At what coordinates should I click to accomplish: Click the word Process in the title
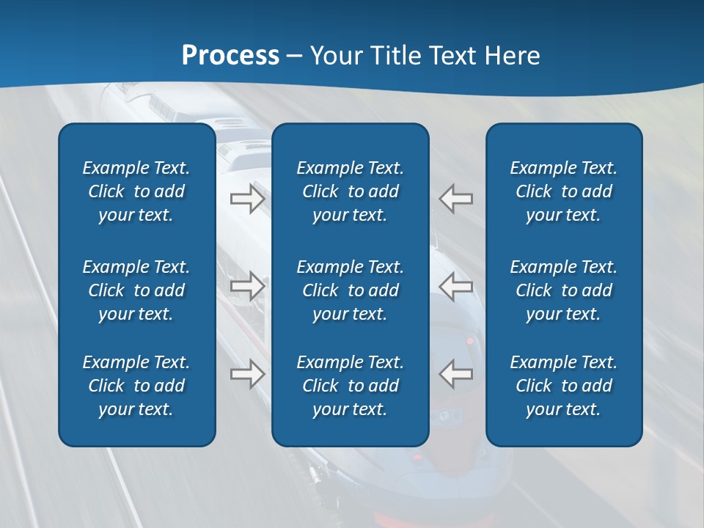click(230, 56)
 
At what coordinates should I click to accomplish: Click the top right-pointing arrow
click(248, 199)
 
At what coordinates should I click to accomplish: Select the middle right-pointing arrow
click(248, 286)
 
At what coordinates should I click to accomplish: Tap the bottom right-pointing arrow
click(248, 374)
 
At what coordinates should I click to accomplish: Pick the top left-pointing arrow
click(456, 199)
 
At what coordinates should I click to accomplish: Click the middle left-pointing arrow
click(456, 286)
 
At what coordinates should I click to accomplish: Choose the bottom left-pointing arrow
click(456, 374)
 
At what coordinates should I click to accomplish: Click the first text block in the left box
click(136, 191)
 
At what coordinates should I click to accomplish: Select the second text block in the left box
click(136, 290)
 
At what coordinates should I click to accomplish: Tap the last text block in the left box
click(136, 386)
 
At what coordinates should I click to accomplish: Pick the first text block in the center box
click(351, 191)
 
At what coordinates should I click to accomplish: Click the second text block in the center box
click(351, 290)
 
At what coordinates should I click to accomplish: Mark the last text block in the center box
click(351, 386)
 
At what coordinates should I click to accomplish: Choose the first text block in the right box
click(564, 191)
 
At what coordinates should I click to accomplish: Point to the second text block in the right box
click(564, 290)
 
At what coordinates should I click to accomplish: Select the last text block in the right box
click(564, 386)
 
